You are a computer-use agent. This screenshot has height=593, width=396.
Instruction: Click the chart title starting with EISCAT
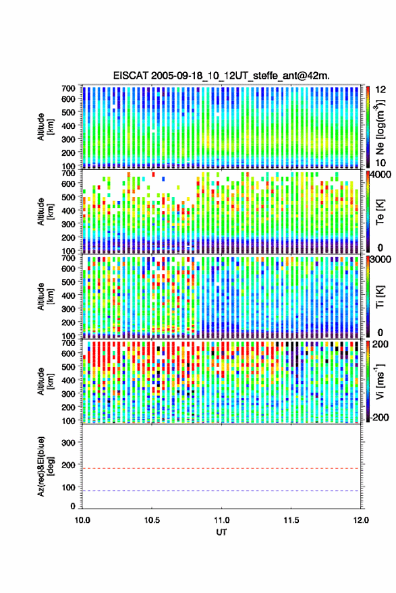(221, 76)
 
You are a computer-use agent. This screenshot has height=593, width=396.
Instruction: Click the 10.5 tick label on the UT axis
(152, 520)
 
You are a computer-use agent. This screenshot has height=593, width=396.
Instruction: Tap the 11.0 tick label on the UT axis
(221, 520)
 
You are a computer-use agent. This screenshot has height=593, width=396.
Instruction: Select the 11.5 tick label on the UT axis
(291, 520)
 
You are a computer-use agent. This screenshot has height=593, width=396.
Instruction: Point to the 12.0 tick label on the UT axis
(360, 520)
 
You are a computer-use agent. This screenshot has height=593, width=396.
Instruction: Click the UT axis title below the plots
(221, 532)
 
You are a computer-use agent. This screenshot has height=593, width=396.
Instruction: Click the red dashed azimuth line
(221, 468)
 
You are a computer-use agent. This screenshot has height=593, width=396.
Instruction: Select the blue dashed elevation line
(221, 491)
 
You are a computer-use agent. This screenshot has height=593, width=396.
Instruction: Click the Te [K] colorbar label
(380, 212)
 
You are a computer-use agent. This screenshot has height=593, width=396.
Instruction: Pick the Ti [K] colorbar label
(380, 297)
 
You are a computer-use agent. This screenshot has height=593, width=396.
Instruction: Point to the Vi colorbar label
(380, 381)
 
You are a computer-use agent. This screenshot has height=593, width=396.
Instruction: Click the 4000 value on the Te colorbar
(380, 176)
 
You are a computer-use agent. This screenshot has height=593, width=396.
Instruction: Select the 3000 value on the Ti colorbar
(380, 260)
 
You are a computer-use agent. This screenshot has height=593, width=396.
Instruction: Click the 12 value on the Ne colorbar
(380, 90)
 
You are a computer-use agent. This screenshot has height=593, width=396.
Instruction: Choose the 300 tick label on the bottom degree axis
(68, 443)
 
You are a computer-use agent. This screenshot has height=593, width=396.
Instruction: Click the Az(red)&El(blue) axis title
(45, 467)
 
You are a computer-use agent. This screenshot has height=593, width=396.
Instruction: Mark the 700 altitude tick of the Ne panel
(68, 88)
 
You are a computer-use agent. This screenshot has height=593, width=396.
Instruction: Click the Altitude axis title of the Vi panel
(45, 381)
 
